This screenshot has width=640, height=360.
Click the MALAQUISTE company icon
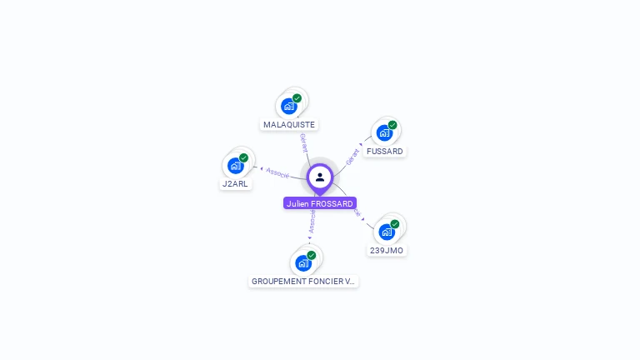click(x=289, y=106)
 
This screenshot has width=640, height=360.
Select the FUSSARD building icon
click(x=384, y=132)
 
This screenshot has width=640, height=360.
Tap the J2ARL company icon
click(x=235, y=165)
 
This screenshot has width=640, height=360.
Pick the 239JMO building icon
click(x=387, y=232)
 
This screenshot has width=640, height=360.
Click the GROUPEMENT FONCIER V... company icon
click(x=303, y=263)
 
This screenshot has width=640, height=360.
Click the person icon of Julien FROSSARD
click(x=320, y=177)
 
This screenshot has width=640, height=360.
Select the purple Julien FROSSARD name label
click(x=320, y=203)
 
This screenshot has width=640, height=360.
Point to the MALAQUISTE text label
click(x=289, y=125)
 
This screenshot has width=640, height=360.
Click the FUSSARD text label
click(x=385, y=152)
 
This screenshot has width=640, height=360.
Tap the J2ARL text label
click(x=235, y=184)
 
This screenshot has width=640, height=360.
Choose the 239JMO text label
click(x=387, y=251)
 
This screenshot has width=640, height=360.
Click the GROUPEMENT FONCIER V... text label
click(x=303, y=282)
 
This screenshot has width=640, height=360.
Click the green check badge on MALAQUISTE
click(x=297, y=98)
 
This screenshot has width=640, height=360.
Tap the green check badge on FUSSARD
click(x=392, y=125)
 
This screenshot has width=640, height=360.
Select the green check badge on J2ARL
click(x=243, y=157)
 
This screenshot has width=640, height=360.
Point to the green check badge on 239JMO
click(x=395, y=224)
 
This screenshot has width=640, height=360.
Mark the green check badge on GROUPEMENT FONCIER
click(x=312, y=255)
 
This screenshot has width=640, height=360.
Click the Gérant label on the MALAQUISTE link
click(x=304, y=142)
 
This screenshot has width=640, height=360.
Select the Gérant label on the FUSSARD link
click(x=352, y=156)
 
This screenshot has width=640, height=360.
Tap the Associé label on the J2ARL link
click(x=277, y=172)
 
